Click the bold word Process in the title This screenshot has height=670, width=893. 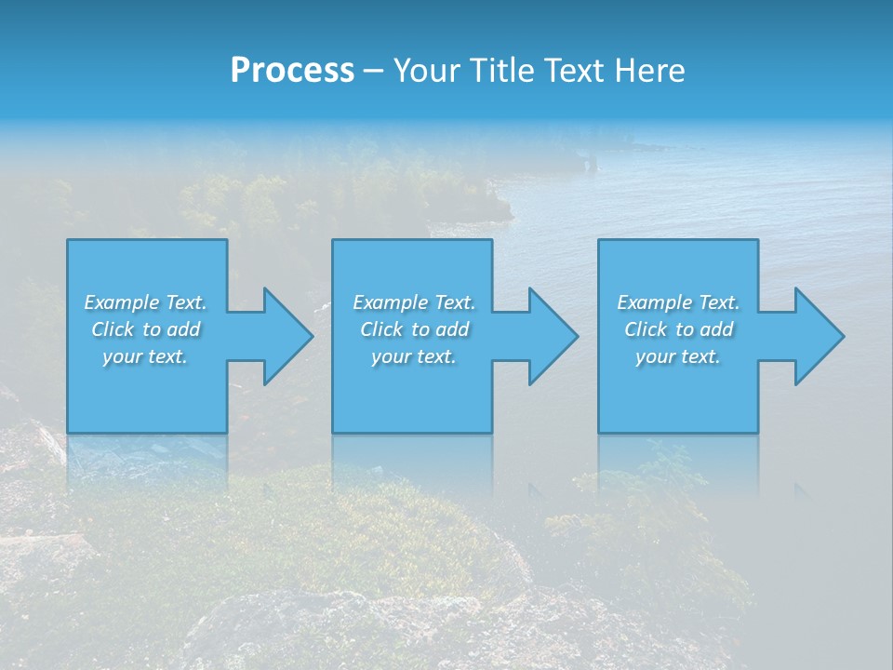(292, 71)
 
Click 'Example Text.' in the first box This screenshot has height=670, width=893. (145, 302)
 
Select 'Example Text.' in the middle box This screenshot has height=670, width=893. (414, 302)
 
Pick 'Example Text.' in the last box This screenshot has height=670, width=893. (678, 302)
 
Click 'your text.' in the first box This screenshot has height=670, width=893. (145, 356)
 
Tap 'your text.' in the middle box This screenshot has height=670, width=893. (414, 356)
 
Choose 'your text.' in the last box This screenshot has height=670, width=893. (678, 356)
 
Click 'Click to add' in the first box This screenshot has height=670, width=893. (146, 329)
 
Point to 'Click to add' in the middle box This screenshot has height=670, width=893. (415, 329)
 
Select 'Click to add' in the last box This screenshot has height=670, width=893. (679, 329)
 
